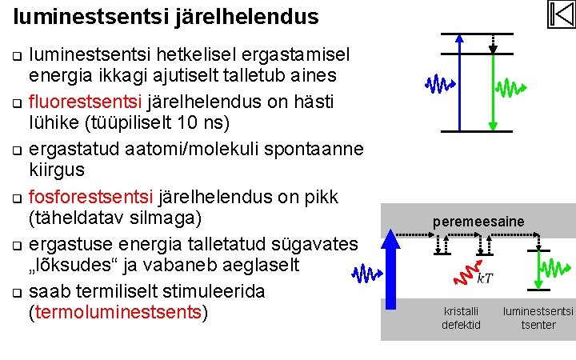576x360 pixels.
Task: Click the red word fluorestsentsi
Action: (x=86, y=102)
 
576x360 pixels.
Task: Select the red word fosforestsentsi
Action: (x=92, y=197)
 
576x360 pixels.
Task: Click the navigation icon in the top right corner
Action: (x=561, y=14)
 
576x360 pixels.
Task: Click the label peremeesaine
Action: (x=478, y=221)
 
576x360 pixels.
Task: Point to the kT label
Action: (x=484, y=279)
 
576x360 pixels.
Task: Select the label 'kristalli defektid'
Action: (x=462, y=318)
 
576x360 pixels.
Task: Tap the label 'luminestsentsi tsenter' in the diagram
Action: (x=538, y=318)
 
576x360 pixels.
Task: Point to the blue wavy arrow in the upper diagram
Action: (x=438, y=83)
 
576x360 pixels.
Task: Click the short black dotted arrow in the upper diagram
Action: (x=493, y=43)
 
